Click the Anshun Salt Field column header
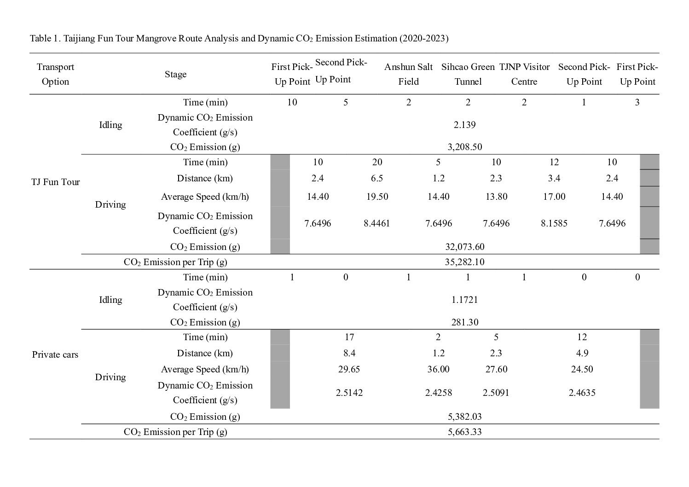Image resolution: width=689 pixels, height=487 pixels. click(408, 74)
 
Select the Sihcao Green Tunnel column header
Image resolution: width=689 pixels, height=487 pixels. click(468, 74)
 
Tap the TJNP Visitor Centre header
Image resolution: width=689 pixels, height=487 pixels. click(524, 74)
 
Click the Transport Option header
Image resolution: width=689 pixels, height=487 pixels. click(55, 74)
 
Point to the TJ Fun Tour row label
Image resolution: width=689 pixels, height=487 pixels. click(55, 182)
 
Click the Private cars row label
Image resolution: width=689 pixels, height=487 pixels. click(55, 354)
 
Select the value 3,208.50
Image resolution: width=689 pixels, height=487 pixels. click(465, 147)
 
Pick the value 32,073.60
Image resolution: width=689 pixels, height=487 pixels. click(465, 247)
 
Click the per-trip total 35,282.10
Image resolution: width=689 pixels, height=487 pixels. click(465, 262)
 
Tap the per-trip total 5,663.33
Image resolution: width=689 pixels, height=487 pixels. click(465, 432)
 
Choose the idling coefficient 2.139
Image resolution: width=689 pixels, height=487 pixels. click(465, 125)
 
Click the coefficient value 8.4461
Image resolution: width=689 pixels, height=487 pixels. click(376, 223)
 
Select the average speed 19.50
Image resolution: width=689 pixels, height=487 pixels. click(377, 197)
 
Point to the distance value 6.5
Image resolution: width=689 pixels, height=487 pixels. click(377, 178)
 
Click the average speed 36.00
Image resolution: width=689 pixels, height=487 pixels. click(438, 369)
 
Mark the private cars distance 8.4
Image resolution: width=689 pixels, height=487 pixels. click(349, 353)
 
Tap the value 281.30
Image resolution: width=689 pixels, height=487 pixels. click(465, 322)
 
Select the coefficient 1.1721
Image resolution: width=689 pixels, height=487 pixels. click(465, 300)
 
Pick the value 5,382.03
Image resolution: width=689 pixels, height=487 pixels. click(465, 417)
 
